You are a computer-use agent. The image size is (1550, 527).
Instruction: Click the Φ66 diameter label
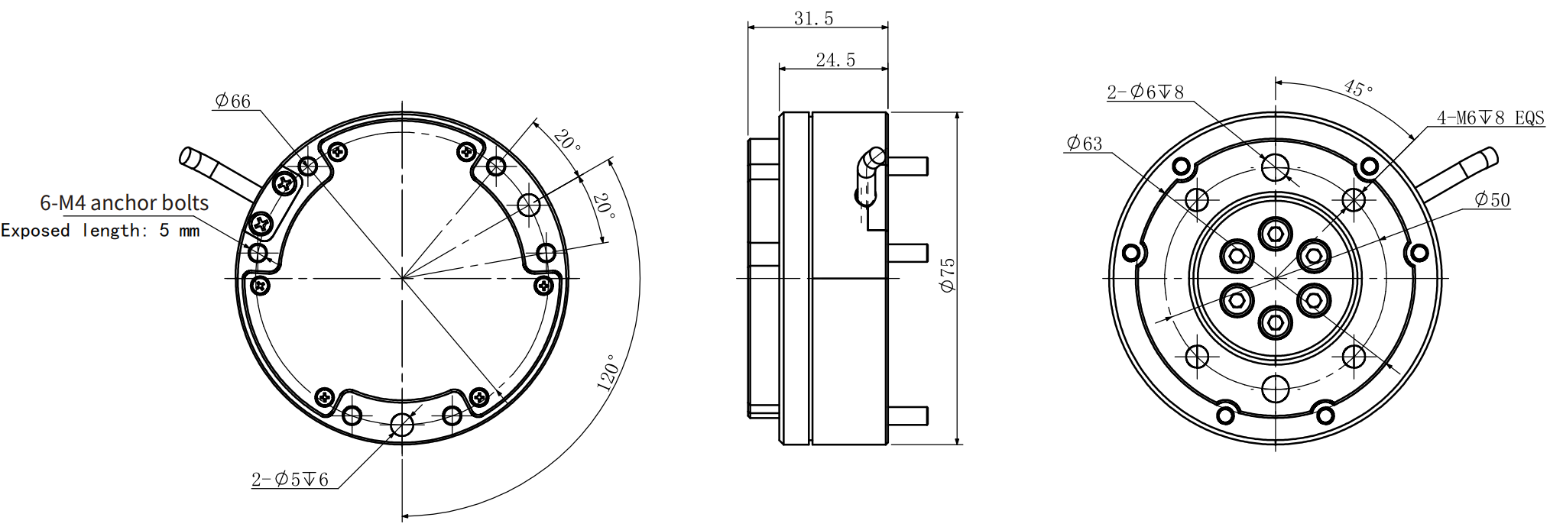tap(232, 101)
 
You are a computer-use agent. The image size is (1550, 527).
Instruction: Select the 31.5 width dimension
tap(813, 18)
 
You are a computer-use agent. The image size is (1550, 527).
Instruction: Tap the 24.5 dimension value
tap(835, 60)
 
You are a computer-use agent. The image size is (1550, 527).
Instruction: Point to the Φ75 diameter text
tap(948, 275)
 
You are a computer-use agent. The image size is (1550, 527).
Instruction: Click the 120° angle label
tap(608, 373)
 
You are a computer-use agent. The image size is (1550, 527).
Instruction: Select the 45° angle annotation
tap(1358, 89)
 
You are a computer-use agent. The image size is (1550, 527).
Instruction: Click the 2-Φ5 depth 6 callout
tap(290, 480)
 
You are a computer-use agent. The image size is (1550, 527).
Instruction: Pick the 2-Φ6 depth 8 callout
tap(1145, 92)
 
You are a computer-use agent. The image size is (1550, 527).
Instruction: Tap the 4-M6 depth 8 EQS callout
tap(1490, 118)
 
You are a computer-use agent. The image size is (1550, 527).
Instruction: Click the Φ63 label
tap(1084, 144)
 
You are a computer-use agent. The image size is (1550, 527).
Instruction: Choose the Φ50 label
tap(1492, 200)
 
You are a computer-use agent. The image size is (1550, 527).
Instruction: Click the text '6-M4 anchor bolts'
tap(124, 203)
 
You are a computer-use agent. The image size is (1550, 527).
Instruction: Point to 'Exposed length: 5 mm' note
tap(100, 231)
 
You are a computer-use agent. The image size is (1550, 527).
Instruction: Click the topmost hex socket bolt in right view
tap(1275, 234)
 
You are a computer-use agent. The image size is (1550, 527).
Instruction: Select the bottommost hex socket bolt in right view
tap(1275, 322)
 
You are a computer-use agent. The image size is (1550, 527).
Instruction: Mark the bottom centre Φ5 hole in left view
tap(402, 425)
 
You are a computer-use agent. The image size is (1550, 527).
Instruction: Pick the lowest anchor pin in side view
tap(908, 416)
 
